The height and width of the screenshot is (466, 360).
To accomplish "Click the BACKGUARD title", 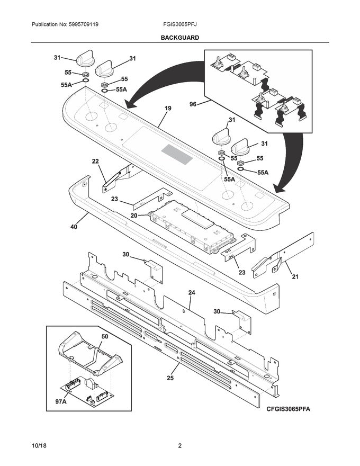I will [x=179, y=38].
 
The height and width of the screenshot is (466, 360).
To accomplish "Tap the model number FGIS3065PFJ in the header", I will [x=181, y=25].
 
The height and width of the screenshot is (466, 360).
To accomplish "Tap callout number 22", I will [x=95, y=162].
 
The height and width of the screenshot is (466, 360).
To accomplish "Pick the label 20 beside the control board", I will [x=134, y=216].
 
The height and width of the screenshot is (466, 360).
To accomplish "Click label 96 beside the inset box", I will [x=193, y=104].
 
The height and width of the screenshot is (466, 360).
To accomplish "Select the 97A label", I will [x=61, y=402].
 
